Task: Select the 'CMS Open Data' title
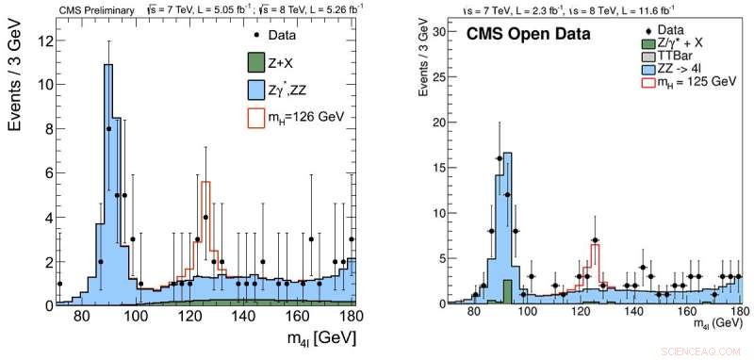(x=530, y=36)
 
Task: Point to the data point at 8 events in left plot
(x=109, y=129)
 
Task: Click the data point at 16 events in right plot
(x=499, y=157)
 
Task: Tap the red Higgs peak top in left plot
(x=205, y=182)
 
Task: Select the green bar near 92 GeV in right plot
(x=507, y=291)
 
